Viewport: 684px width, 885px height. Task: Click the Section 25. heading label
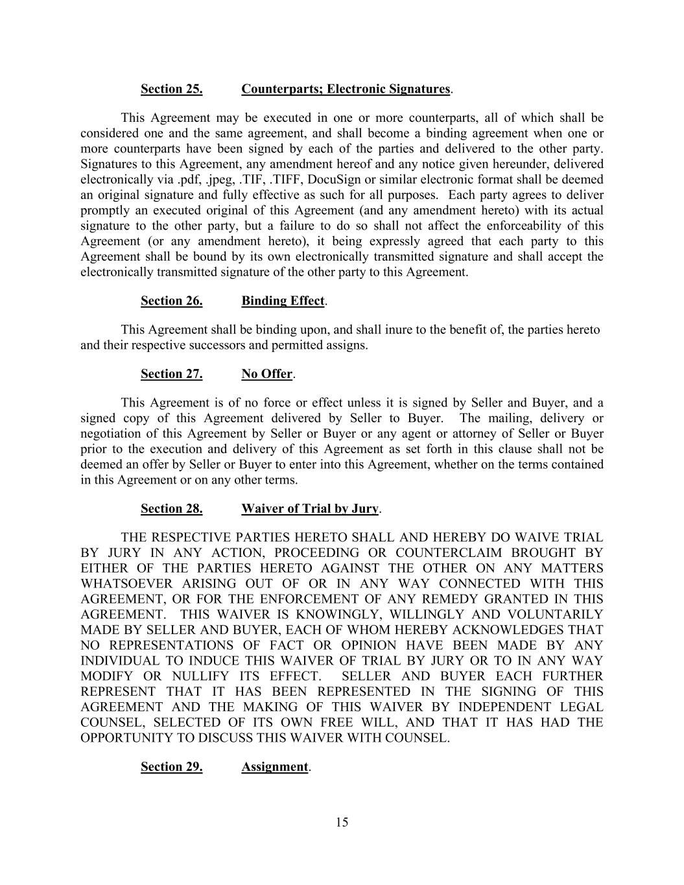(171, 89)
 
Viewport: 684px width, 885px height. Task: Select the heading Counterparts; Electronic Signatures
(346, 89)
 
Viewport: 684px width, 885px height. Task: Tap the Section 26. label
(171, 301)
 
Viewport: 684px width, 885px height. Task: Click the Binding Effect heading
(283, 301)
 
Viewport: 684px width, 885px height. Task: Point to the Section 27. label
(171, 374)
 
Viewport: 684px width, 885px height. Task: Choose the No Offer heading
(267, 374)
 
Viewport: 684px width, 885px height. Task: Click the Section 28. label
(171, 509)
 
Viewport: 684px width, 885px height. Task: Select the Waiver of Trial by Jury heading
(310, 509)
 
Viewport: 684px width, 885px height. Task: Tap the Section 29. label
(171, 767)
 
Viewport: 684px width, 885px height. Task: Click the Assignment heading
(275, 767)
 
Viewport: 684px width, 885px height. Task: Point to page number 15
(342, 823)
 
